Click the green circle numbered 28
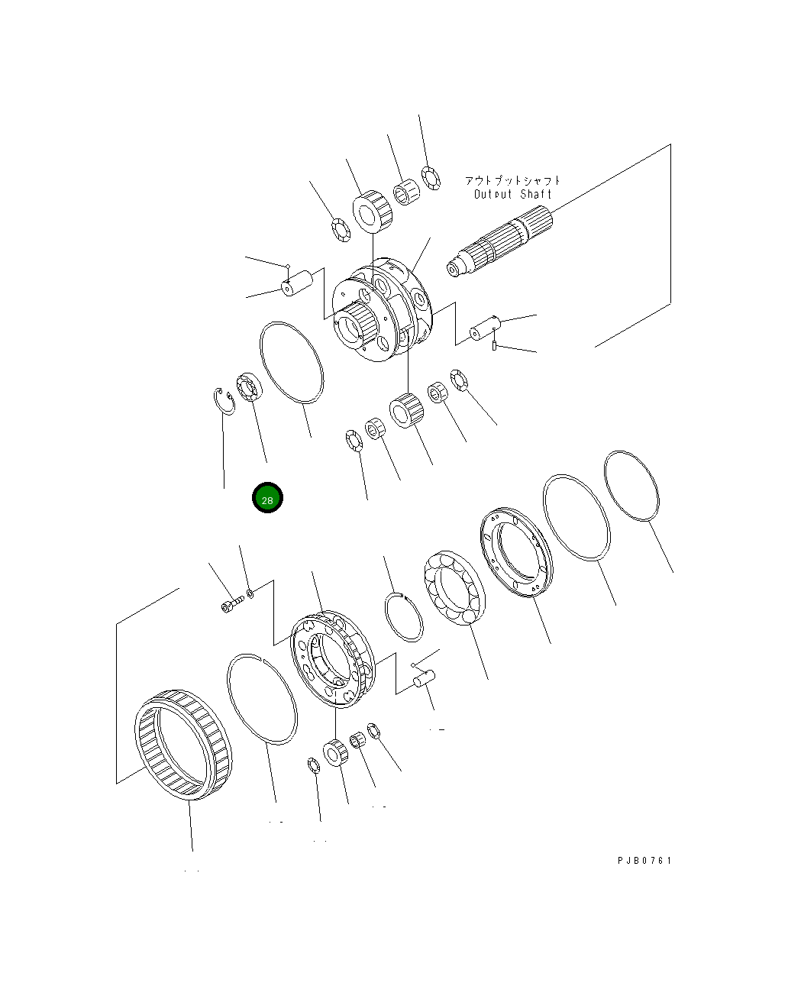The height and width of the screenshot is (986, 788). [x=267, y=499]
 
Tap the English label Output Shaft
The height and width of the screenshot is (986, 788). [x=512, y=194]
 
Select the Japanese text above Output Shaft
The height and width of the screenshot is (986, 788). [x=512, y=180]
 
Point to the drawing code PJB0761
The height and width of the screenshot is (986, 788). [x=644, y=861]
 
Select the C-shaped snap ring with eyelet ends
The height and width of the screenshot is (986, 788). [x=223, y=402]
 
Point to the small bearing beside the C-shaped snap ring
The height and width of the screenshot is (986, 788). [x=249, y=386]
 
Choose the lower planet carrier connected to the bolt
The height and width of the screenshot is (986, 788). [x=333, y=658]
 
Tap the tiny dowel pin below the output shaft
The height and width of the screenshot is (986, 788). [x=496, y=348]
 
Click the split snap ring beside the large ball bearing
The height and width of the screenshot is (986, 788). [x=402, y=616]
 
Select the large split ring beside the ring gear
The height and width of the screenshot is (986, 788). [x=261, y=698]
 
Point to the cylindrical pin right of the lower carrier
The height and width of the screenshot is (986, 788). [x=425, y=678]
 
